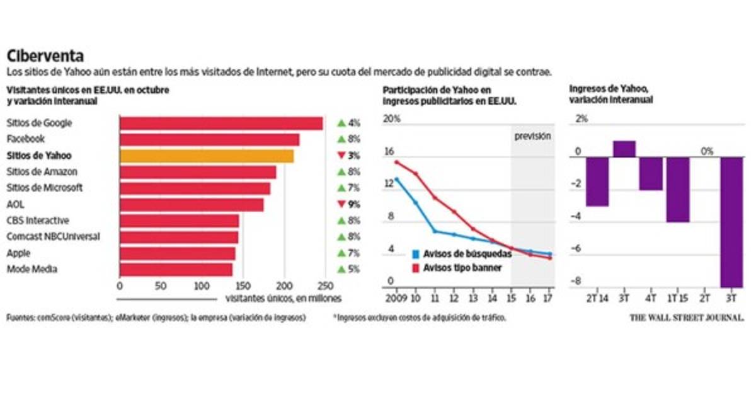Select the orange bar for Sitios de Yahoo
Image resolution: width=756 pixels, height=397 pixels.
coord(207,156)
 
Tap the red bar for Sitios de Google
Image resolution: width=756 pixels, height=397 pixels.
coord(220,123)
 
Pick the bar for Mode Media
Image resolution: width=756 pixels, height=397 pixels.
coord(176,270)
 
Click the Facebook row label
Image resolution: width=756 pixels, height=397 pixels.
coord(25,139)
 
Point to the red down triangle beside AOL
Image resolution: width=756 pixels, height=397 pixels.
coord(341,204)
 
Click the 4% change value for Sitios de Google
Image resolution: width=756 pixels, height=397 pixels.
coord(353,123)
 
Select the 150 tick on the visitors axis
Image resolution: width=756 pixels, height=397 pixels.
coord(242,285)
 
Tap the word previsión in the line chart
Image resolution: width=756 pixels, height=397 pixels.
coord(532,135)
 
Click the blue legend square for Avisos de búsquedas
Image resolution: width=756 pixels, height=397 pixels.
coord(416,254)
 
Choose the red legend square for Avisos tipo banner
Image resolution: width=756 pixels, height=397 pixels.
coord(416,267)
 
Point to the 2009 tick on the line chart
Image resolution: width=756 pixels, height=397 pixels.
coord(395,297)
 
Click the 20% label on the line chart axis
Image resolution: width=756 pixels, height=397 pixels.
coord(392,119)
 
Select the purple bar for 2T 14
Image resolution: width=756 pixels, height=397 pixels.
coord(597,181)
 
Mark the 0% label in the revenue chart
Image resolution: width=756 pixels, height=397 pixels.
coord(707,151)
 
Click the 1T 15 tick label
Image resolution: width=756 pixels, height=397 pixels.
coord(678,297)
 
